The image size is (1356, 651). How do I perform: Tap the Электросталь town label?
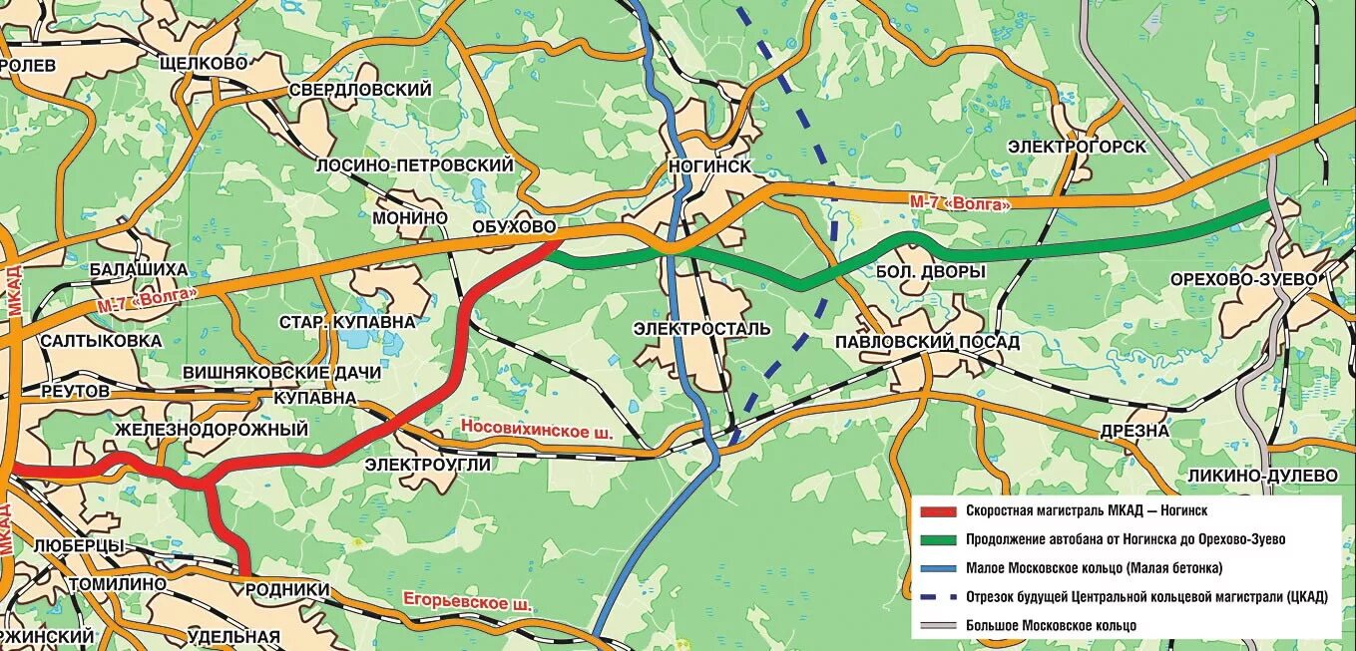pos(701,328)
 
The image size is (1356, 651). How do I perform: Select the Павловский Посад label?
pos(928,342)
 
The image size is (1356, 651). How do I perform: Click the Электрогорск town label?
pos(1077,147)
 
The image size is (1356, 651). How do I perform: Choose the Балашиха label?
pos(138,269)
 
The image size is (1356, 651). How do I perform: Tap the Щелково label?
pos(203,63)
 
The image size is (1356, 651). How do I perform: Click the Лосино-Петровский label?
pos(414,164)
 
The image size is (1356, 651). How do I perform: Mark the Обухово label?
pos(514,227)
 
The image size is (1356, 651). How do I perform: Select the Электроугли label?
pos(427,464)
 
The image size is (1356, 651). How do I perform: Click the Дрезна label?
pos(1134,431)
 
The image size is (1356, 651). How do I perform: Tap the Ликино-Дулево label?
pos(1262,476)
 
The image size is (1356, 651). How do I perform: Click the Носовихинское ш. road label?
pos(536,428)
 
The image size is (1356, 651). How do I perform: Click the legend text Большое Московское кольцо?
pos(1051,626)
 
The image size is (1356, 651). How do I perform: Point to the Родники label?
pos(286,589)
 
